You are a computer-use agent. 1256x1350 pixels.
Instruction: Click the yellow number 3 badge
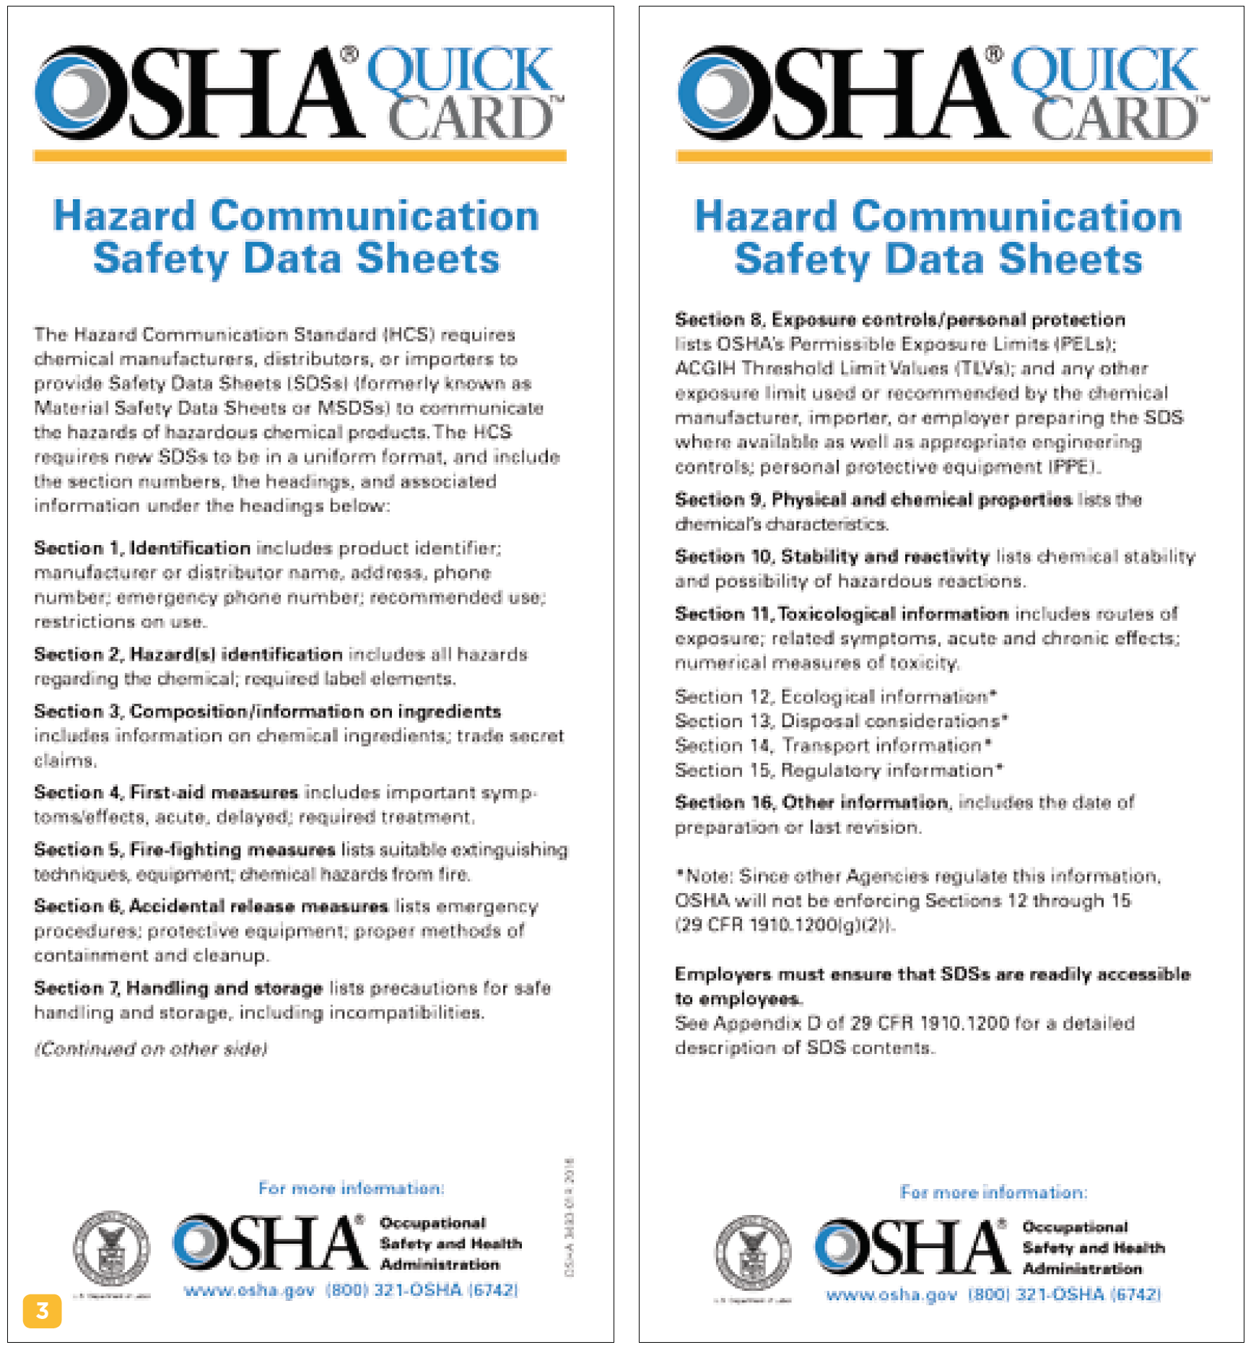coord(42,1310)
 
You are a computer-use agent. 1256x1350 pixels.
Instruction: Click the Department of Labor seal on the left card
coord(112,1248)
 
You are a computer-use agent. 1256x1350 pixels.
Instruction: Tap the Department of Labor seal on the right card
coord(752,1253)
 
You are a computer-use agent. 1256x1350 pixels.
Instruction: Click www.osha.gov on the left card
coord(249,1290)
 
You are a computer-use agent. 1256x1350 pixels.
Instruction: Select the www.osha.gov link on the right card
coord(891,1294)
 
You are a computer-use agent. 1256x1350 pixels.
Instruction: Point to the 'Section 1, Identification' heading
coord(142,548)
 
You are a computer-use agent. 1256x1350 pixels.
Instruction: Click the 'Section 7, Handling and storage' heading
coord(178,988)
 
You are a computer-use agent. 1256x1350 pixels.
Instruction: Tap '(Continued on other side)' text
coord(151,1048)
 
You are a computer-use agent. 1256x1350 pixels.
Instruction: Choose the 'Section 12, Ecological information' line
coord(835,697)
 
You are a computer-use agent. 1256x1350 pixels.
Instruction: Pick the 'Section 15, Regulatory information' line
coord(838,770)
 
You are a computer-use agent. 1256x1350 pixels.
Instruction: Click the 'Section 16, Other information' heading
coord(812,802)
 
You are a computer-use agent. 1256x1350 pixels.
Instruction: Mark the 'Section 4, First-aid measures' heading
coord(166,792)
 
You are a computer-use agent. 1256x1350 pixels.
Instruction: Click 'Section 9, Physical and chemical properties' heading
coord(873,500)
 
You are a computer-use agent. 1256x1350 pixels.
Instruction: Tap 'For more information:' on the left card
coord(352,1188)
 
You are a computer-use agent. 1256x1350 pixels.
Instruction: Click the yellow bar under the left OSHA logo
coord(300,156)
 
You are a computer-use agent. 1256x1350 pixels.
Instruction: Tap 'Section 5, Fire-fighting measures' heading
coord(185,850)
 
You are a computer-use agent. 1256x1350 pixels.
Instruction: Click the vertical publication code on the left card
coord(570,1216)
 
